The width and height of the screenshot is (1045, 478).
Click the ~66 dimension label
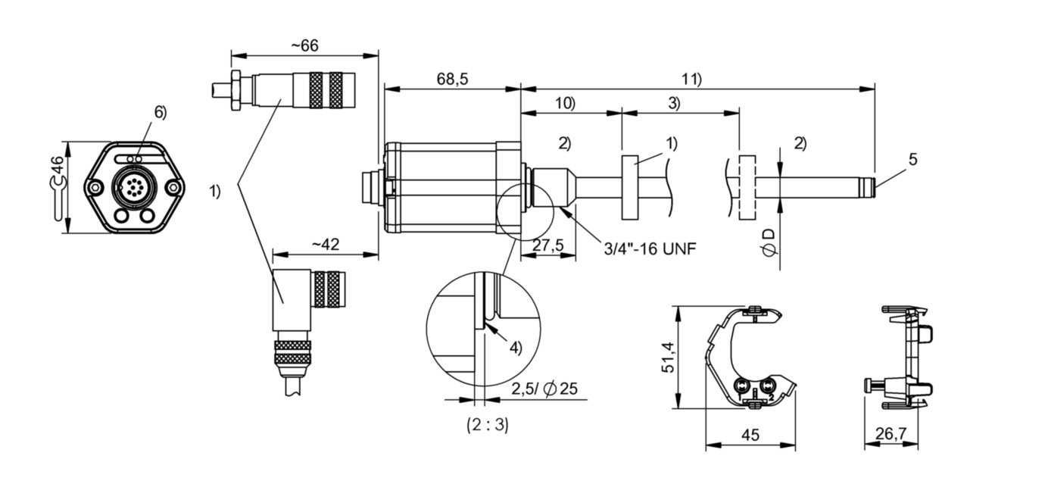(x=304, y=45)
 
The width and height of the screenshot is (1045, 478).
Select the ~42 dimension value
(x=326, y=244)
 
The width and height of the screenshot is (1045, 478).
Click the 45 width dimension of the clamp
(x=750, y=435)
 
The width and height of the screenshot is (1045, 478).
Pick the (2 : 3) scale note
(x=487, y=425)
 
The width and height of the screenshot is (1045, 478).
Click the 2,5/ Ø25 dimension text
(x=544, y=389)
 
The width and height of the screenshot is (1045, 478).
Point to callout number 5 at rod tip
(x=912, y=160)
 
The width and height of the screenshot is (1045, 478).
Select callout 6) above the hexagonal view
(x=160, y=112)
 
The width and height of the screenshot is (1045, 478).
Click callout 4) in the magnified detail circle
(x=515, y=348)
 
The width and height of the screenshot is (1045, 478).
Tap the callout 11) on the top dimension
(x=691, y=79)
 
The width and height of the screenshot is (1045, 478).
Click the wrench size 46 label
(x=57, y=186)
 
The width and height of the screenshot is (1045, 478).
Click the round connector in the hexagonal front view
(x=133, y=186)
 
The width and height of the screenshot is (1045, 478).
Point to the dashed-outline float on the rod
(x=747, y=188)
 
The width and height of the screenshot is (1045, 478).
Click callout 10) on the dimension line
(x=564, y=104)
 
